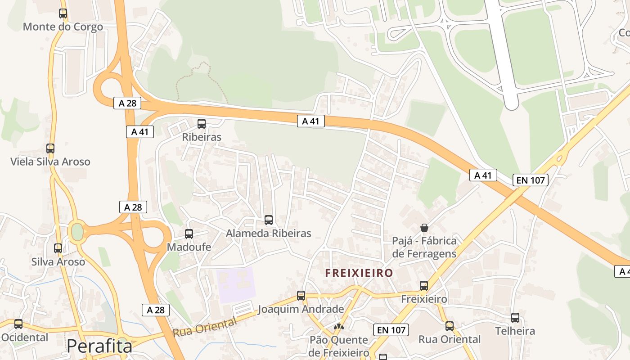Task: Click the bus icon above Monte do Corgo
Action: click(63, 13)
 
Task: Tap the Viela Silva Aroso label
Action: click(50, 162)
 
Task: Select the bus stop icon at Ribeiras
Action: click(202, 123)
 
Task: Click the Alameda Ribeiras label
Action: click(268, 233)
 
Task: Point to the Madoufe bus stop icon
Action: click(189, 234)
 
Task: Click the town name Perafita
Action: click(99, 346)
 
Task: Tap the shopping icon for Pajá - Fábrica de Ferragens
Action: click(424, 227)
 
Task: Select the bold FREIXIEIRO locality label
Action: click(359, 273)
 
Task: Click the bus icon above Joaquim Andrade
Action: click(301, 296)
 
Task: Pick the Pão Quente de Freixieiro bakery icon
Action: click(339, 326)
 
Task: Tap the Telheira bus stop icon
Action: click(515, 318)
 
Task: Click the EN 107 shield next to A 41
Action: click(531, 180)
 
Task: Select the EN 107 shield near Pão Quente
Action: click(391, 330)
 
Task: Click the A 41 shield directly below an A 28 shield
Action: click(140, 132)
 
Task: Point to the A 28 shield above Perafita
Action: click(156, 310)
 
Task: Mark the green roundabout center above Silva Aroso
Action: click(77, 232)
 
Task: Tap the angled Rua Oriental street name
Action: click(205, 327)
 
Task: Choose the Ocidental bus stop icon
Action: click(18, 324)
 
